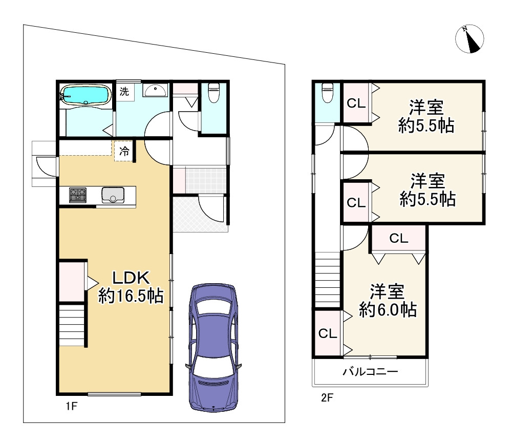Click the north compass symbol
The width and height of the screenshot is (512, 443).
point(470,39)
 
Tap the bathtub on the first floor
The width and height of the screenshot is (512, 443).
point(86,95)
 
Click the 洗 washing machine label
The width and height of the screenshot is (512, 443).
point(124,92)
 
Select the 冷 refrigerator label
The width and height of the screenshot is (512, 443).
point(124,151)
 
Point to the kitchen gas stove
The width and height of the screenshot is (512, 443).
point(78,195)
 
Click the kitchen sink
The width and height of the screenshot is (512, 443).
point(113,195)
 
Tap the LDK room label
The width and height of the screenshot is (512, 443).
point(131,278)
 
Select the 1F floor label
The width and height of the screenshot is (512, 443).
point(72,406)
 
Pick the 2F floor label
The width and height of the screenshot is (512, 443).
point(327,397)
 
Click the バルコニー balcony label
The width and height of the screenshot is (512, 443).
point(370,372)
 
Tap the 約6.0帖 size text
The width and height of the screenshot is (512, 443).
point(388,310)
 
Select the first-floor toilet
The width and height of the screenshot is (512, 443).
point(214,93)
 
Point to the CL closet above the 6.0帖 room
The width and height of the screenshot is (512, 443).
point(399,239)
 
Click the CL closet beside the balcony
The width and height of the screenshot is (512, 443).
point(328,333)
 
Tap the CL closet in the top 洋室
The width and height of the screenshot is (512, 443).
point(356,103)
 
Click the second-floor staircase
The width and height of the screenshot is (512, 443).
point(328,280)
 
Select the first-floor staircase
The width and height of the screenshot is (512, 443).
point(72,325)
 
